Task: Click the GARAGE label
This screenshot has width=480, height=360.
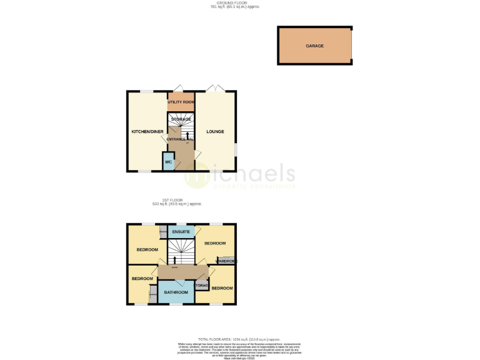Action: coord(314,46)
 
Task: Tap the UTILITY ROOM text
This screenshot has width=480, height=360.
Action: coord(181,101)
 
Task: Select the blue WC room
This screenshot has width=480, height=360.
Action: coord(168,162)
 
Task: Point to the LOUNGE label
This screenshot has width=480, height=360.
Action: coord(216,131)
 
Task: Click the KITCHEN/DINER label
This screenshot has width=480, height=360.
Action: coord(146,131)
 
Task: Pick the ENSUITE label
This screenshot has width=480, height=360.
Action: coord(181,232)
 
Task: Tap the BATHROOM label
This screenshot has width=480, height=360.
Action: coord(176,292)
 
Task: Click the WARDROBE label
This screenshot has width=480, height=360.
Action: coord(226,261)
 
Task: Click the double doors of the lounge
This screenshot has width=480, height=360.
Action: coord(215,88)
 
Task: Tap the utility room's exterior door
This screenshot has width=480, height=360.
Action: coord(178,88)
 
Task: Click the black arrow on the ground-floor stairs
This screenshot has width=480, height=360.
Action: coord(185,134)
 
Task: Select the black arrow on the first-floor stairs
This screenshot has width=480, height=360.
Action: coord(175,259)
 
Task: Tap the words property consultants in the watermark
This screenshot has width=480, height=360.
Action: coord(253,186)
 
